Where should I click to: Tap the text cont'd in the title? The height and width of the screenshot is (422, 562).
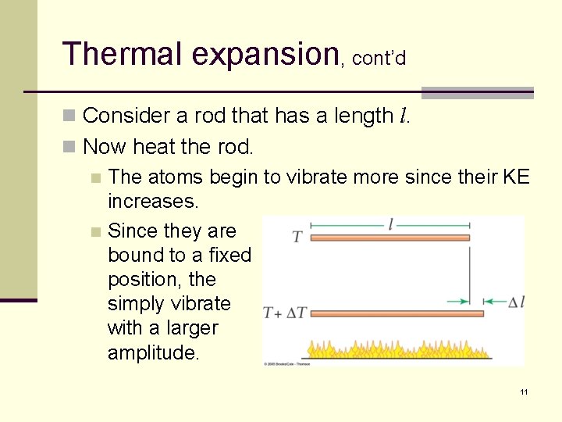(x=379, y=59)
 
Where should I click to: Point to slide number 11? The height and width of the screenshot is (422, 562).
(x=524, y=392)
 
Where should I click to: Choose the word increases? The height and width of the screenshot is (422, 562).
(x=154, y=201)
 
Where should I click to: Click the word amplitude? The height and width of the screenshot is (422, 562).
(x=154, y=352)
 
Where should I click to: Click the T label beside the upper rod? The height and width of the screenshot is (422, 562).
(x=297, y=237)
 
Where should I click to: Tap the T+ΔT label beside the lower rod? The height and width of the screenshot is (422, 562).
(x=284, y=313)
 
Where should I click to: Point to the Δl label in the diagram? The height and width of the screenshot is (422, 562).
(x=516, y=302)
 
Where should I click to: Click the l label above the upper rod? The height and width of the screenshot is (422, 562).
(x=390, y=225)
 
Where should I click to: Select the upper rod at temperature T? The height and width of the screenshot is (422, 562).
(x=390, y=237)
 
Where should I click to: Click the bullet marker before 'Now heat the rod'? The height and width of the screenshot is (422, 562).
(x=69, y=147)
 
